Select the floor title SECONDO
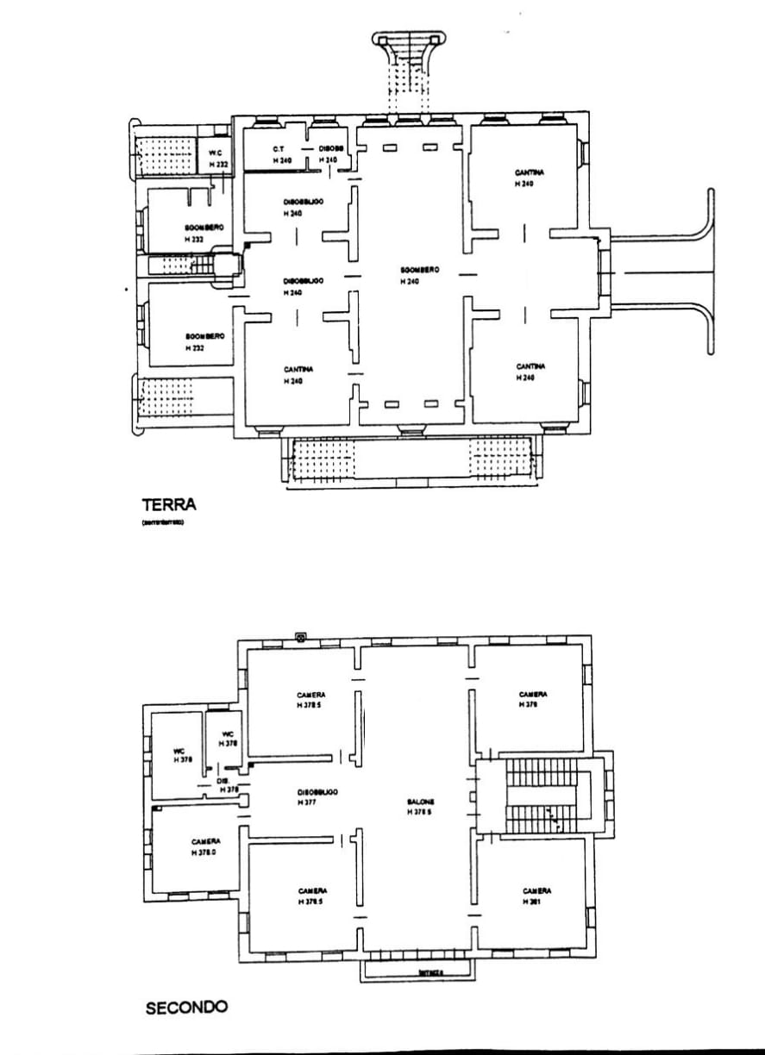click(186, 1007)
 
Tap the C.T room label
click(279, 149)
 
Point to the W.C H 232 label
click(216, 159)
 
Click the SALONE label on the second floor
click(422, 805)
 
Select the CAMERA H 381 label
click(536, 896)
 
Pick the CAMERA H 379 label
click(533, 698)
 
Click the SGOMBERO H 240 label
click(419, 275)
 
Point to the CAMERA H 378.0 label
click(205, 846)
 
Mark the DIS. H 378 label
click(226, 784)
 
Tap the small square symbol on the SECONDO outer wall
click(300, 638)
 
